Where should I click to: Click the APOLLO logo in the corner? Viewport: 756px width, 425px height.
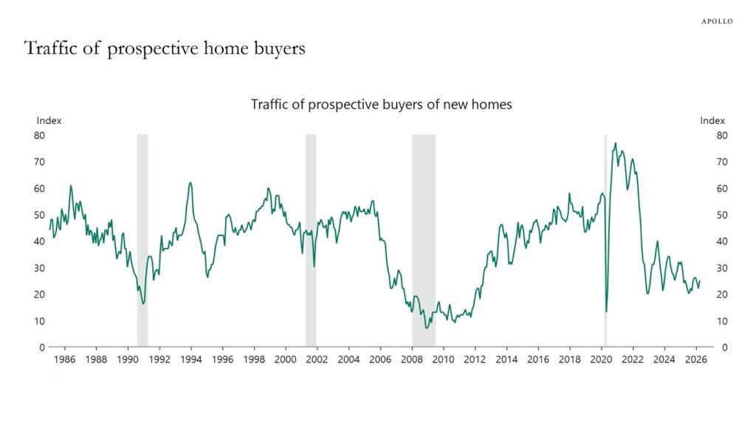[x=716, y=21]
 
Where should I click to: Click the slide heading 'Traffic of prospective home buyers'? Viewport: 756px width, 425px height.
[x=165, y=49]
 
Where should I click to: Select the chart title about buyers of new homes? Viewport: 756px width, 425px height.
[x=381, y=105]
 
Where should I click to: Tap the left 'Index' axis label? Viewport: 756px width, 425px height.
[x=49, y=120]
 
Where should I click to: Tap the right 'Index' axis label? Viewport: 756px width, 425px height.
[x=712, y=120]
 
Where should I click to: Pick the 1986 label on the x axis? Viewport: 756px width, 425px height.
[x=65, y=360]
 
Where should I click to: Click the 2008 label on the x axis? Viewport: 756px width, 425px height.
[x=412, y=360]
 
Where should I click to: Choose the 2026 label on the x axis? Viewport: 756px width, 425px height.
[x=695, y=360]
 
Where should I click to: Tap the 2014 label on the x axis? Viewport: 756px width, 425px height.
[x=506, y=360]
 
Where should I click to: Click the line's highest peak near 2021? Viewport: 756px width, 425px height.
[x=616, y=144]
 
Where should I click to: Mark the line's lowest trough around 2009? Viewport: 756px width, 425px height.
[x=427, y=328]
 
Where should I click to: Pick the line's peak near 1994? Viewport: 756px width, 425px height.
[x=190, y=183]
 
